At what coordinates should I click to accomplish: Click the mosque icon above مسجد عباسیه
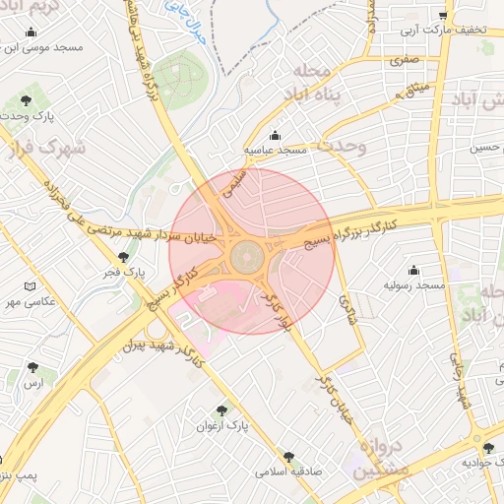click(275, 135)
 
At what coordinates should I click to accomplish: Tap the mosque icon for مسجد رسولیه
click(413, 270)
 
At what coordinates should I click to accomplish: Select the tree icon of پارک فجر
click(123, 257)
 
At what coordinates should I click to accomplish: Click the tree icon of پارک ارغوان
click(221, 410)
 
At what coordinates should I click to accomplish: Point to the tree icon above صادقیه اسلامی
click(288, 456)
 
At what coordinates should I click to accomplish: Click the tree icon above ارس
click(33, 368)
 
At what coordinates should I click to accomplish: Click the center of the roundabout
click(245, 260)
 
